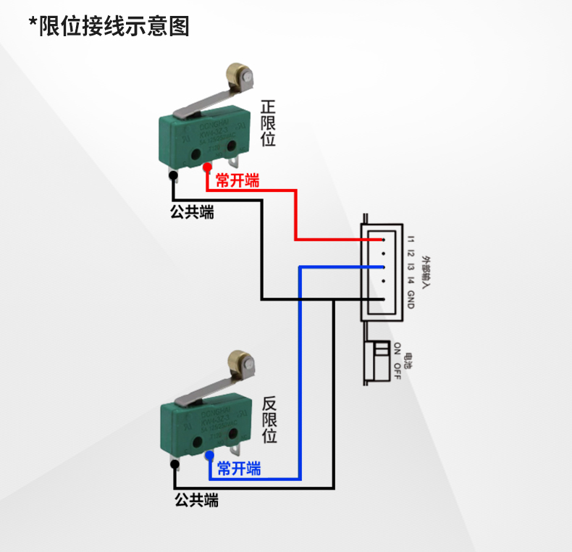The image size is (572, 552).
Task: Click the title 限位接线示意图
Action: tap(109, 26)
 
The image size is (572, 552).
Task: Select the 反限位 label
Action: tap(269, 419)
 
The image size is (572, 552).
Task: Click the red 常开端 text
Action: tap(237, 180)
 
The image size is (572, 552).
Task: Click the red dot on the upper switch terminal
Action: tap(206, 167)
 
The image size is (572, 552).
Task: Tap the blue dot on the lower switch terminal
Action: tap(209, 456)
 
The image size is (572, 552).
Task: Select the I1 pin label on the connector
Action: tap(410, 239)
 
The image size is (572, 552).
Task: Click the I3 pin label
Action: tap(410, 267)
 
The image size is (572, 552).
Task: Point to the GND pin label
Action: tap(410, 299)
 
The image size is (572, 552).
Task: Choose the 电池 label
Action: tap(409, 360)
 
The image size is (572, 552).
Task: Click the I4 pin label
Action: tap(410, 281)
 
